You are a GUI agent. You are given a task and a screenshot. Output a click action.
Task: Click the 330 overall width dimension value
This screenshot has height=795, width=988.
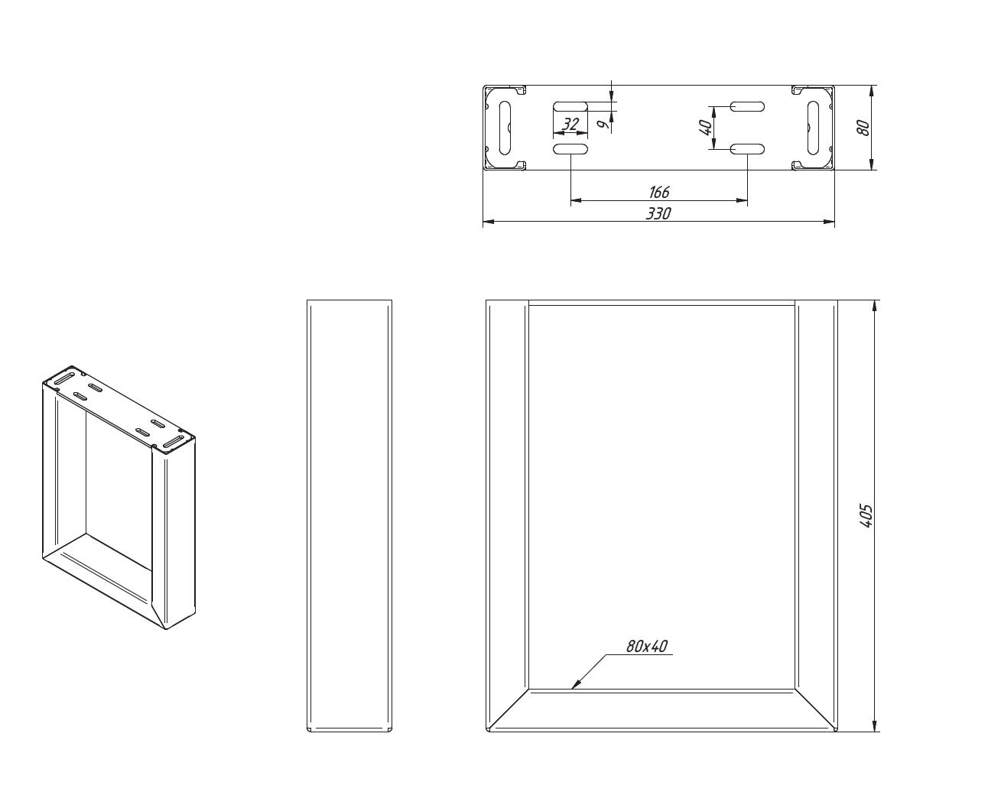tap(658, 213)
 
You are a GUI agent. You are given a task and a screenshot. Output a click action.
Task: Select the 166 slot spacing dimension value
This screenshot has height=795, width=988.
tap(659, 192)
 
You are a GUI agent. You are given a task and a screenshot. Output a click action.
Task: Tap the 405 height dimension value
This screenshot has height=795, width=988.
tap(865, 516)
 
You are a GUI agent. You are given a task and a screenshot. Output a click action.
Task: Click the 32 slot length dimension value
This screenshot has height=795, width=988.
tap(570, 124)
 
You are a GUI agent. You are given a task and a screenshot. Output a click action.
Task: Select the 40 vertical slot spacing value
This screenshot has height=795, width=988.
tap(706, 128)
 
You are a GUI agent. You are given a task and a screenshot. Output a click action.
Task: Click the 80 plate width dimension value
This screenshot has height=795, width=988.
tap(863, 128)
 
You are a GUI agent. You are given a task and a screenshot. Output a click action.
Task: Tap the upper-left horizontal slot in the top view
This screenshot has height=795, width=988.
tap(570, 106)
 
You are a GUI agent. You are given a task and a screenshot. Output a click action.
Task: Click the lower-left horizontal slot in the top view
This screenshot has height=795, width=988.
tap(570, 149)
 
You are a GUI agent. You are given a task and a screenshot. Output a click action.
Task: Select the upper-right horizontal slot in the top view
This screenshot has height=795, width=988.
tap(747, 106)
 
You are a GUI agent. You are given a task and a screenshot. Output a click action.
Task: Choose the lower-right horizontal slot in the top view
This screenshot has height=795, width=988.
tap(747, 149)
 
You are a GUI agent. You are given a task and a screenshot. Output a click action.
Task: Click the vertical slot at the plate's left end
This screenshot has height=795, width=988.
tap(504, 128)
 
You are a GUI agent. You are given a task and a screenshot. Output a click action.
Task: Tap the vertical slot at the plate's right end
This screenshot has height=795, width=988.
tap(813, 128)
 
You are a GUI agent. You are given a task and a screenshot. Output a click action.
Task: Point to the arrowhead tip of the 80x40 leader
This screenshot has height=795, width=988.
tap(571, 689)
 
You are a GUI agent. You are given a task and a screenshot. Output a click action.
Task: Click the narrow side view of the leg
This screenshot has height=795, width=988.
tap(349, 515)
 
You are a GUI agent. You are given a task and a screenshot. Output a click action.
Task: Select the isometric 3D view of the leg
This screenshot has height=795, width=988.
tap(119, 498)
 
